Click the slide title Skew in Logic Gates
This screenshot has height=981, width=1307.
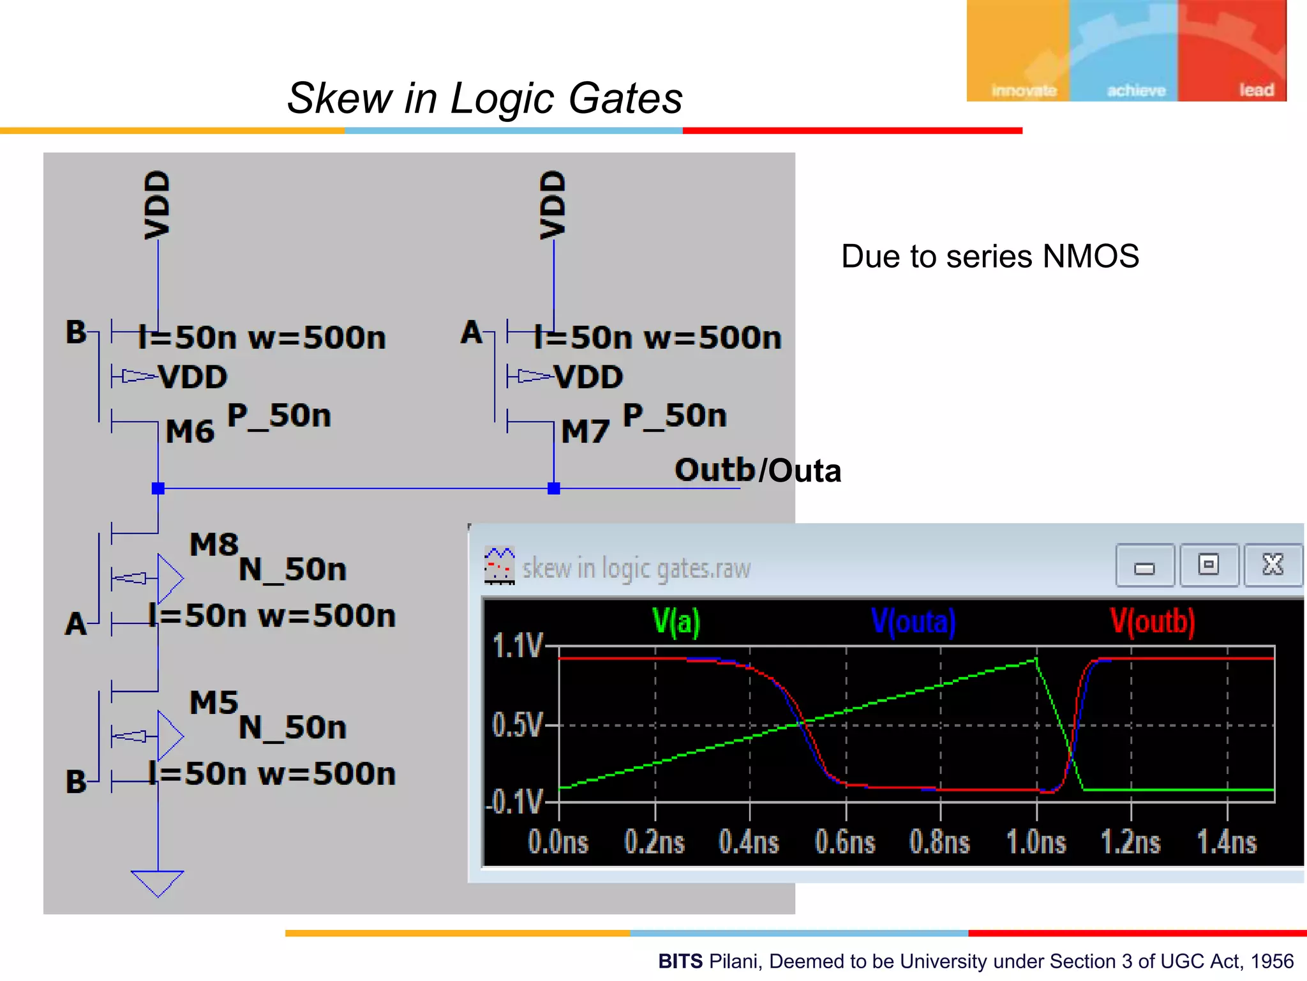(484, 98)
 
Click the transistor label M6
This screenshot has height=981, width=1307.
(190, 432)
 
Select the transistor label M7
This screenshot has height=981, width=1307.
(585, 432)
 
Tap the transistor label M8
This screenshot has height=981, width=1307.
(214, 545)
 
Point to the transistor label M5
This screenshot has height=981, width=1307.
(214, 703)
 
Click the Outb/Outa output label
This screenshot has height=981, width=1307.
(758, 471)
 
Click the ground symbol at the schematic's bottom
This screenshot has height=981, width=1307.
(158, 883)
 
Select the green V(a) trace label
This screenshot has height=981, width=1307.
(676, 621)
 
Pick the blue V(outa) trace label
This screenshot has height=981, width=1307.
(913, 621)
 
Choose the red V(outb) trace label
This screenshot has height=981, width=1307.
(1152, 621)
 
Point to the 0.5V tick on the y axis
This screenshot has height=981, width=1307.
(517, 726)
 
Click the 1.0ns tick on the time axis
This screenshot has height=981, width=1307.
(1036, 842)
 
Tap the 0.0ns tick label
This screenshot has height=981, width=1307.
(558, 842)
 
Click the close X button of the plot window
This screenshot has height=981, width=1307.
(1273, 565)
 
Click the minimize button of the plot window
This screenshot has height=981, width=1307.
(1144, 565)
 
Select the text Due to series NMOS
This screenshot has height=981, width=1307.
(990, 257)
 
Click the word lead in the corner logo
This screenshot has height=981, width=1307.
(1256, 90)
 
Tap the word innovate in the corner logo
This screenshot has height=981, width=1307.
(1024, 91)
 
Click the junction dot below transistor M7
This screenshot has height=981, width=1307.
(554, 489)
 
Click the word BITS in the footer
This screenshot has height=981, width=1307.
(680, 961)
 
